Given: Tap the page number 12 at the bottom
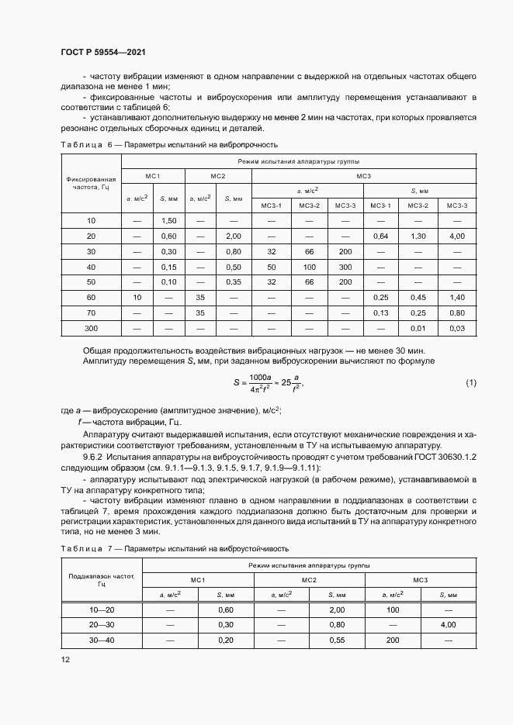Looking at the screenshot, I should (x=65, y=659).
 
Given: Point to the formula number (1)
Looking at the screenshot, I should (x=470, y=384).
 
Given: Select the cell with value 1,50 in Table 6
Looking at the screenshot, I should (x=169, y=221).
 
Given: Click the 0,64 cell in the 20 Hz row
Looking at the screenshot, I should (x=380, y=236).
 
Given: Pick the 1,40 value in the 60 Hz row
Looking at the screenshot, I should (x=457, y=297).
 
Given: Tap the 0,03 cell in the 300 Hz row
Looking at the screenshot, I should (x=457, y=328).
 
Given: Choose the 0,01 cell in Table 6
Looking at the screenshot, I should (x=419, y=328).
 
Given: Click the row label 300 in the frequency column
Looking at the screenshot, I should (x=91, y=328).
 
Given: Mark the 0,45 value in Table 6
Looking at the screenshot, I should (x=419, y=297).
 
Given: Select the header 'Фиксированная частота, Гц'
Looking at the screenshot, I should (x=91, y=183).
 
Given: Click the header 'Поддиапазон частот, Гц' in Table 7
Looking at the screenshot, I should (x=102, y=579).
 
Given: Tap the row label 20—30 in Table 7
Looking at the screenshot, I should (x=102, y=624).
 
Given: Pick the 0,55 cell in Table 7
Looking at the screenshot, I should (x=337, y=640).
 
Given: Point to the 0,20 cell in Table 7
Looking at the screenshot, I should (x=227, y=640).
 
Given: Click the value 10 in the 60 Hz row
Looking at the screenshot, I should (x=137, y=297).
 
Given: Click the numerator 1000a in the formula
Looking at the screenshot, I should (x=258, y=378).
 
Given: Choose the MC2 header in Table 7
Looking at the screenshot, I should (x=309, y=579).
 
